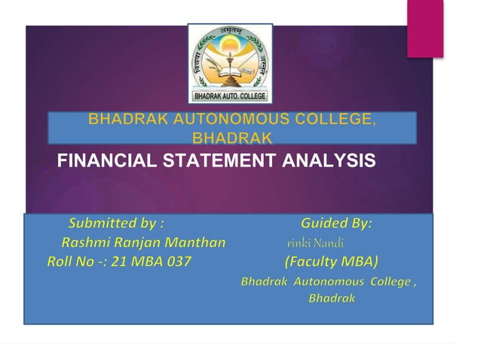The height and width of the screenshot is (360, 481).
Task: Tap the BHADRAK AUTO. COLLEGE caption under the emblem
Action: click(x=229, y=96)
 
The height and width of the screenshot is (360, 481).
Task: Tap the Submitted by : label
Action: click(x=116, y=224)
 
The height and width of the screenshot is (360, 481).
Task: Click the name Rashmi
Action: click(x=85, y=243)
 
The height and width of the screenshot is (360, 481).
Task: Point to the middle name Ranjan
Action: click(x=136, y=243)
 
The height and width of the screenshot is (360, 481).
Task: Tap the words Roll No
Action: click(x=66, y=262)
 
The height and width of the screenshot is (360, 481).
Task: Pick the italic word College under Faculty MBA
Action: click(x=388, y=282)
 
